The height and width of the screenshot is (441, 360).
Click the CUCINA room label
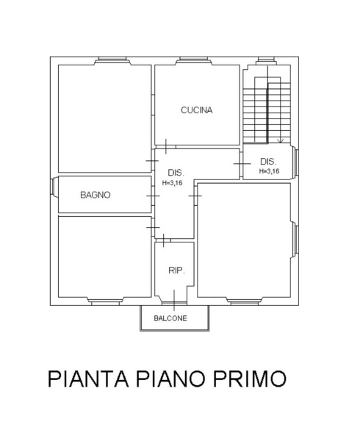(x=196, y=110)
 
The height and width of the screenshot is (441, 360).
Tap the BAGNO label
(x=96, y=196)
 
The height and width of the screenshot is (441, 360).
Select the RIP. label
(x=176, y=270)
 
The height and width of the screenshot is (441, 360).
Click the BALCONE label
(x=170, y=318)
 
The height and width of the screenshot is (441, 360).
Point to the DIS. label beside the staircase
(x=268, y=162)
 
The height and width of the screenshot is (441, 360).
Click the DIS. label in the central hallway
(x=175, y=173)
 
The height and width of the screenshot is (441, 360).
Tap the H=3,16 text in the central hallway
(x=172, y=183)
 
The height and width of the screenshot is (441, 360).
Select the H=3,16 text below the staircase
(x=270, y=171)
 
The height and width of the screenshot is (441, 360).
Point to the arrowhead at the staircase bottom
(x=280, y=140)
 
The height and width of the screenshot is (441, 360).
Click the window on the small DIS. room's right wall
(x=297, y=162)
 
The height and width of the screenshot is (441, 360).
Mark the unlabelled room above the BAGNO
(x=104, y=118)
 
